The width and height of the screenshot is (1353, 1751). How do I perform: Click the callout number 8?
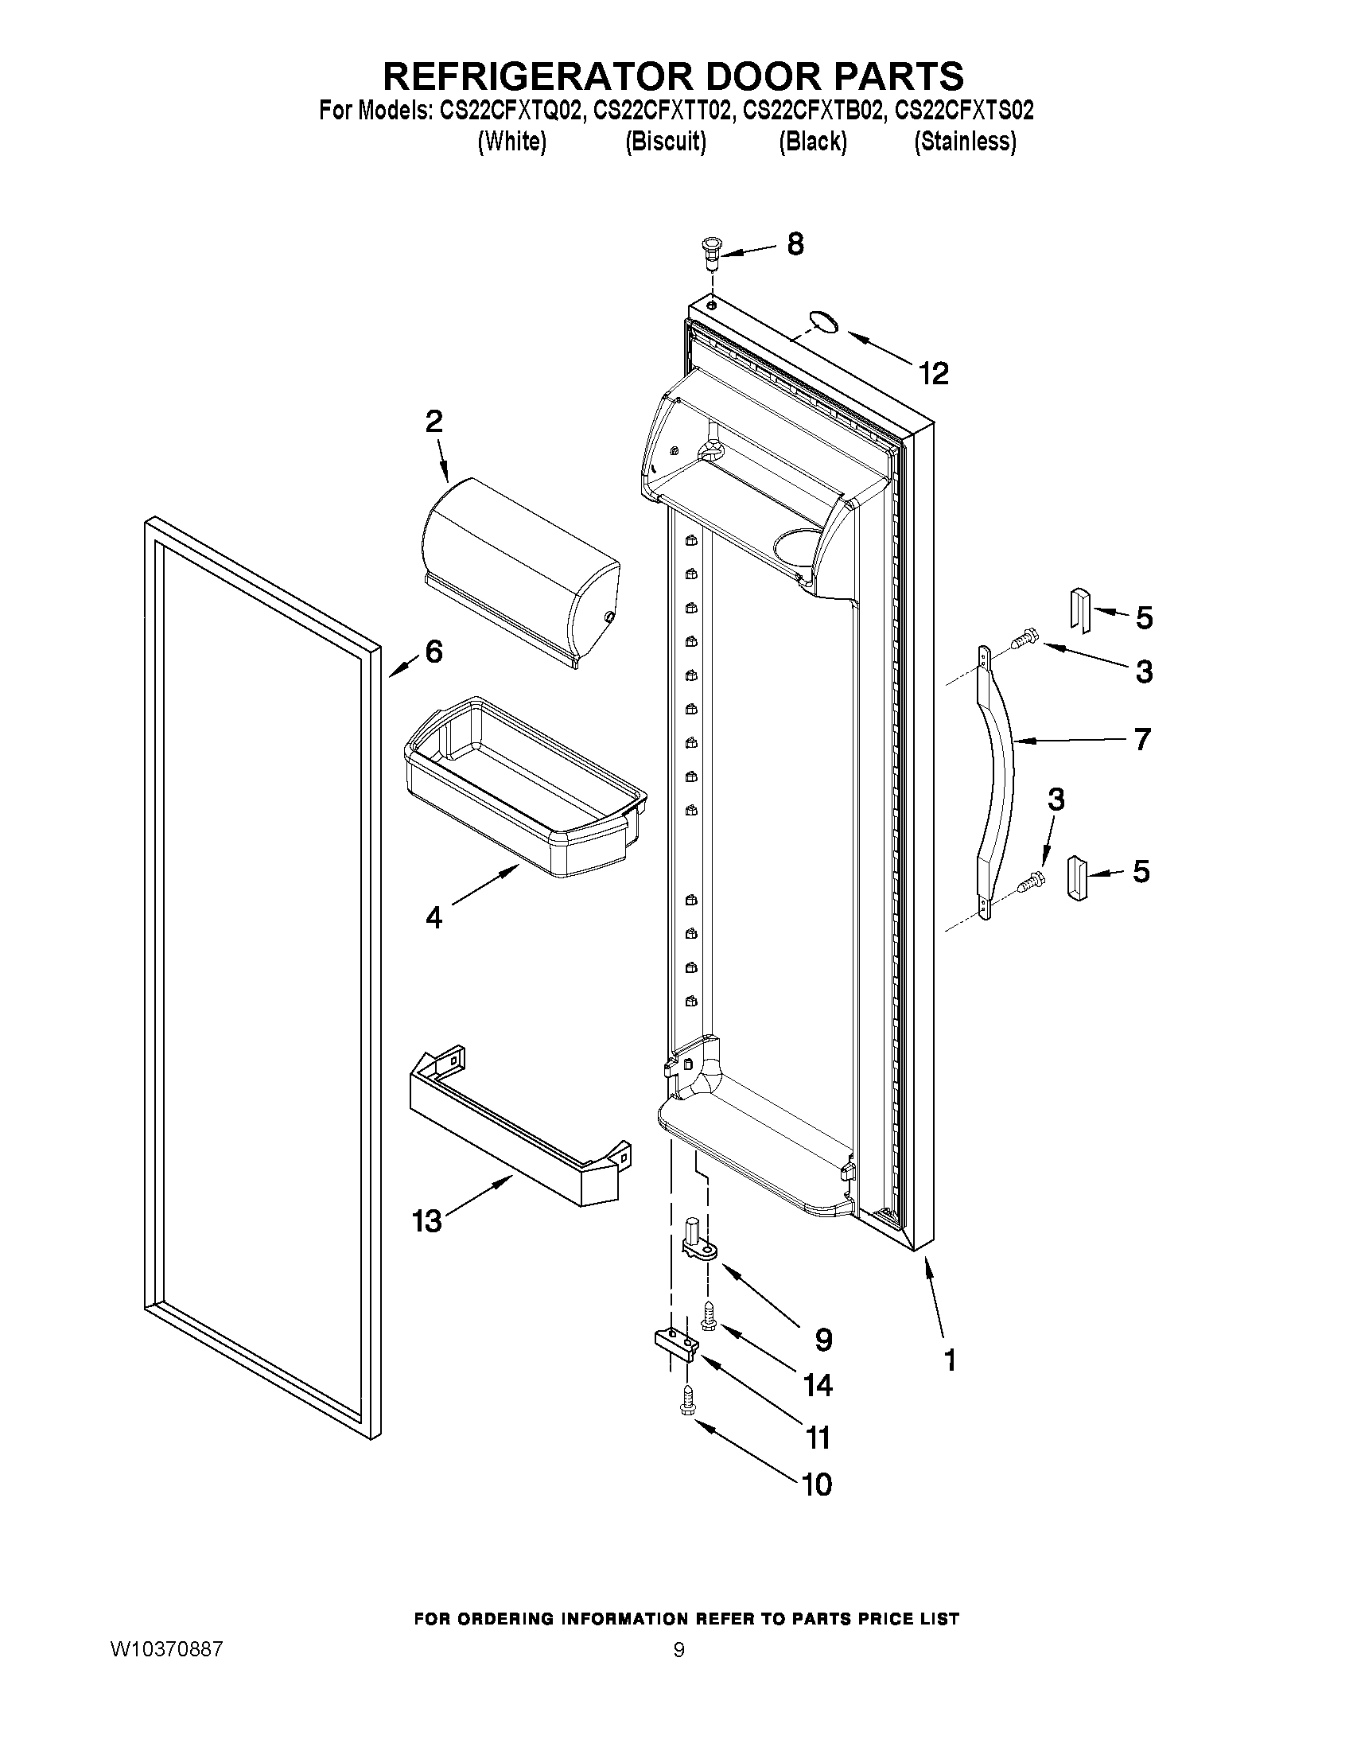[795, 243]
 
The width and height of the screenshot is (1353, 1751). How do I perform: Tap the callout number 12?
[934, 373]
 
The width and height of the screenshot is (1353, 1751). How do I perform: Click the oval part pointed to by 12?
[822, 322]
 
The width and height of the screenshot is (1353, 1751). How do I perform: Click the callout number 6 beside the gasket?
[434, 652]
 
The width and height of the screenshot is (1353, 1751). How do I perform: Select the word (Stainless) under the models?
[965, 141]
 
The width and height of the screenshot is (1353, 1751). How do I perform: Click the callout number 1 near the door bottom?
[951, 1360]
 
